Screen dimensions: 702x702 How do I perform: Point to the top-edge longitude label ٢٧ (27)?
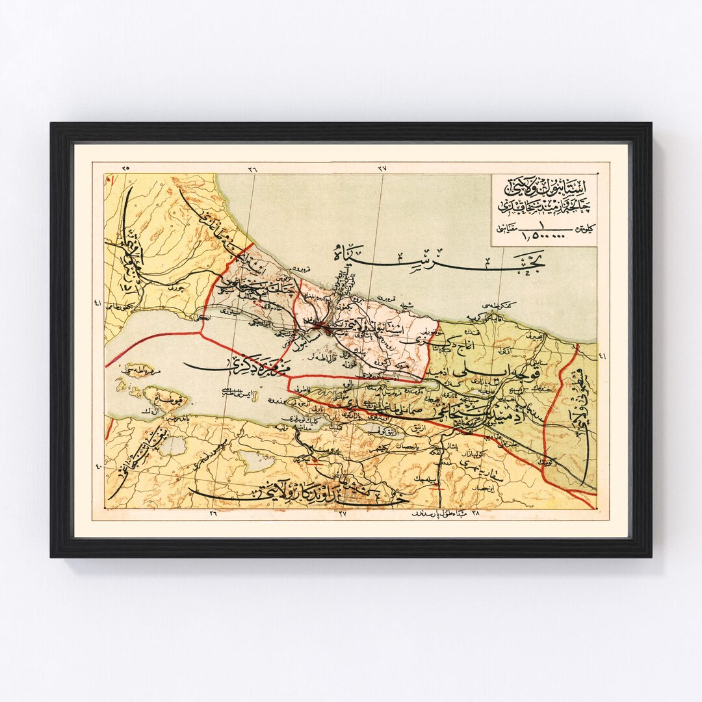coord(382,168)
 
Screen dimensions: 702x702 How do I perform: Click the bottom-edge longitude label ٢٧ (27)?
coord(343,513)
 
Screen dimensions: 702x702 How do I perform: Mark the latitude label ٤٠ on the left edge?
coord(98,465)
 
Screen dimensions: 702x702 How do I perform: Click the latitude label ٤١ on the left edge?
coord(97,302)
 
